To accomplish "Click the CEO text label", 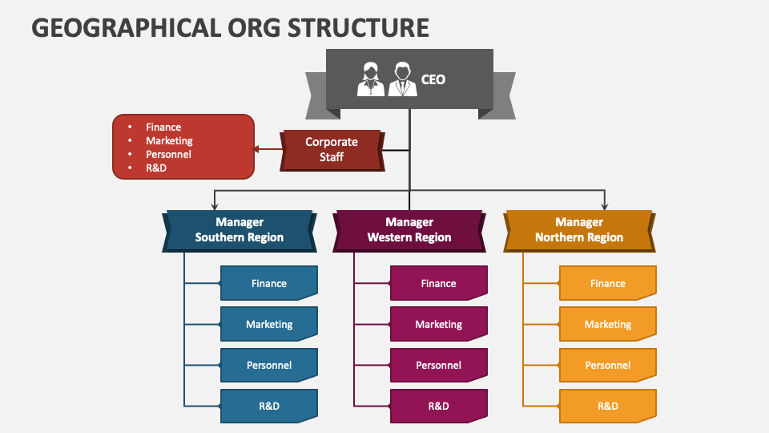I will click(x=433, y=79).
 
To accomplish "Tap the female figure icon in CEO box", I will click(x=370, y=79).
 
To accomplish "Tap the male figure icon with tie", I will click(x=402, y=79).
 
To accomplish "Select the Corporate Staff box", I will click(x=332, y=150).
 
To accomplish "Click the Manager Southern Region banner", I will click(x=240, y=230).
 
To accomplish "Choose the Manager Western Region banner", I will click(x=409, y=230).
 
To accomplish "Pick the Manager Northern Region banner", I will click(x=579, y=230).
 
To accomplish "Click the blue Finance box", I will click(x=269, y=284).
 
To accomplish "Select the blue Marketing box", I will click(x=269, y=325).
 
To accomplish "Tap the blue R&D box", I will click(x=269, y=406).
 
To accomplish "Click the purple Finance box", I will click(x=439, y=284).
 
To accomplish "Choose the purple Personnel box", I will click(x=439, y=366).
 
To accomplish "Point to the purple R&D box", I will click(x=439, y=406).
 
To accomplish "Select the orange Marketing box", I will click(x=608, y=325).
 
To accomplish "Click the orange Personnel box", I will click(x=608, y=366).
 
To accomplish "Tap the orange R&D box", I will click(x=608, y=406).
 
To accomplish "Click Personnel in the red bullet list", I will click(x=168, y=154).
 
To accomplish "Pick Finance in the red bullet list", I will click(x=163, y=127).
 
